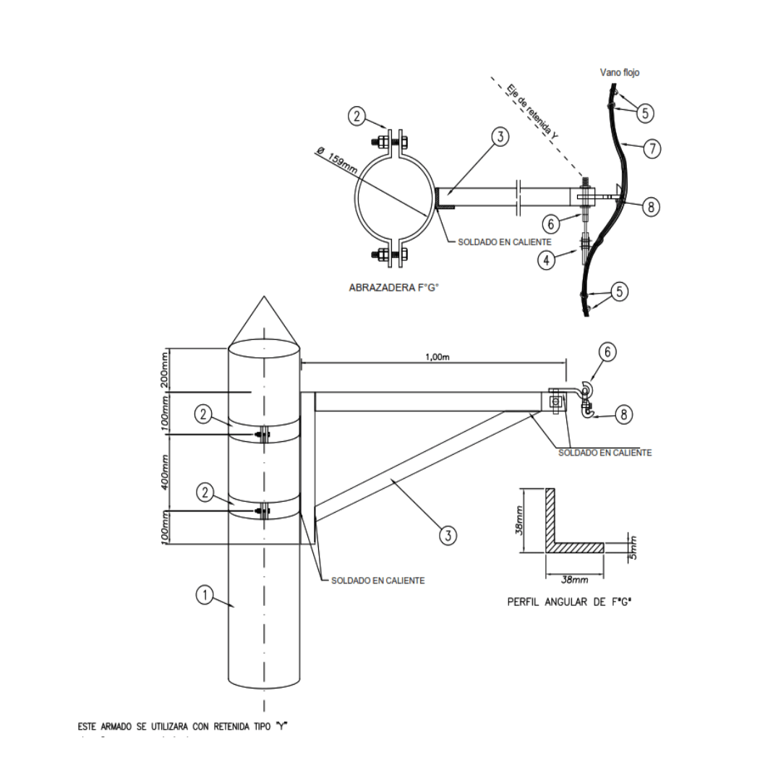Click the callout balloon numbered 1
tap(205, 595)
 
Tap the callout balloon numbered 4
tap(547, 257)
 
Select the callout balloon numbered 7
tap(652, 149)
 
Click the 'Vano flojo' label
tap(620, 72)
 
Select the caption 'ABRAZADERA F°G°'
tap(394, 288)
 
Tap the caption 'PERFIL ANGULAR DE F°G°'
tap(575, 602)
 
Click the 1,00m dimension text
tap(438, 357)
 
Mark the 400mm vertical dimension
tap(166, 471)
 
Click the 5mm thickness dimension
tap(633, 548)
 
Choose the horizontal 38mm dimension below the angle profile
tap(574, 579)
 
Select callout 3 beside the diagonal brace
tap(448, 535)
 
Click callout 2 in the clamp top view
tap(356, 116)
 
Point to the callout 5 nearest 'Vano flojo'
tap(645, 113)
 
